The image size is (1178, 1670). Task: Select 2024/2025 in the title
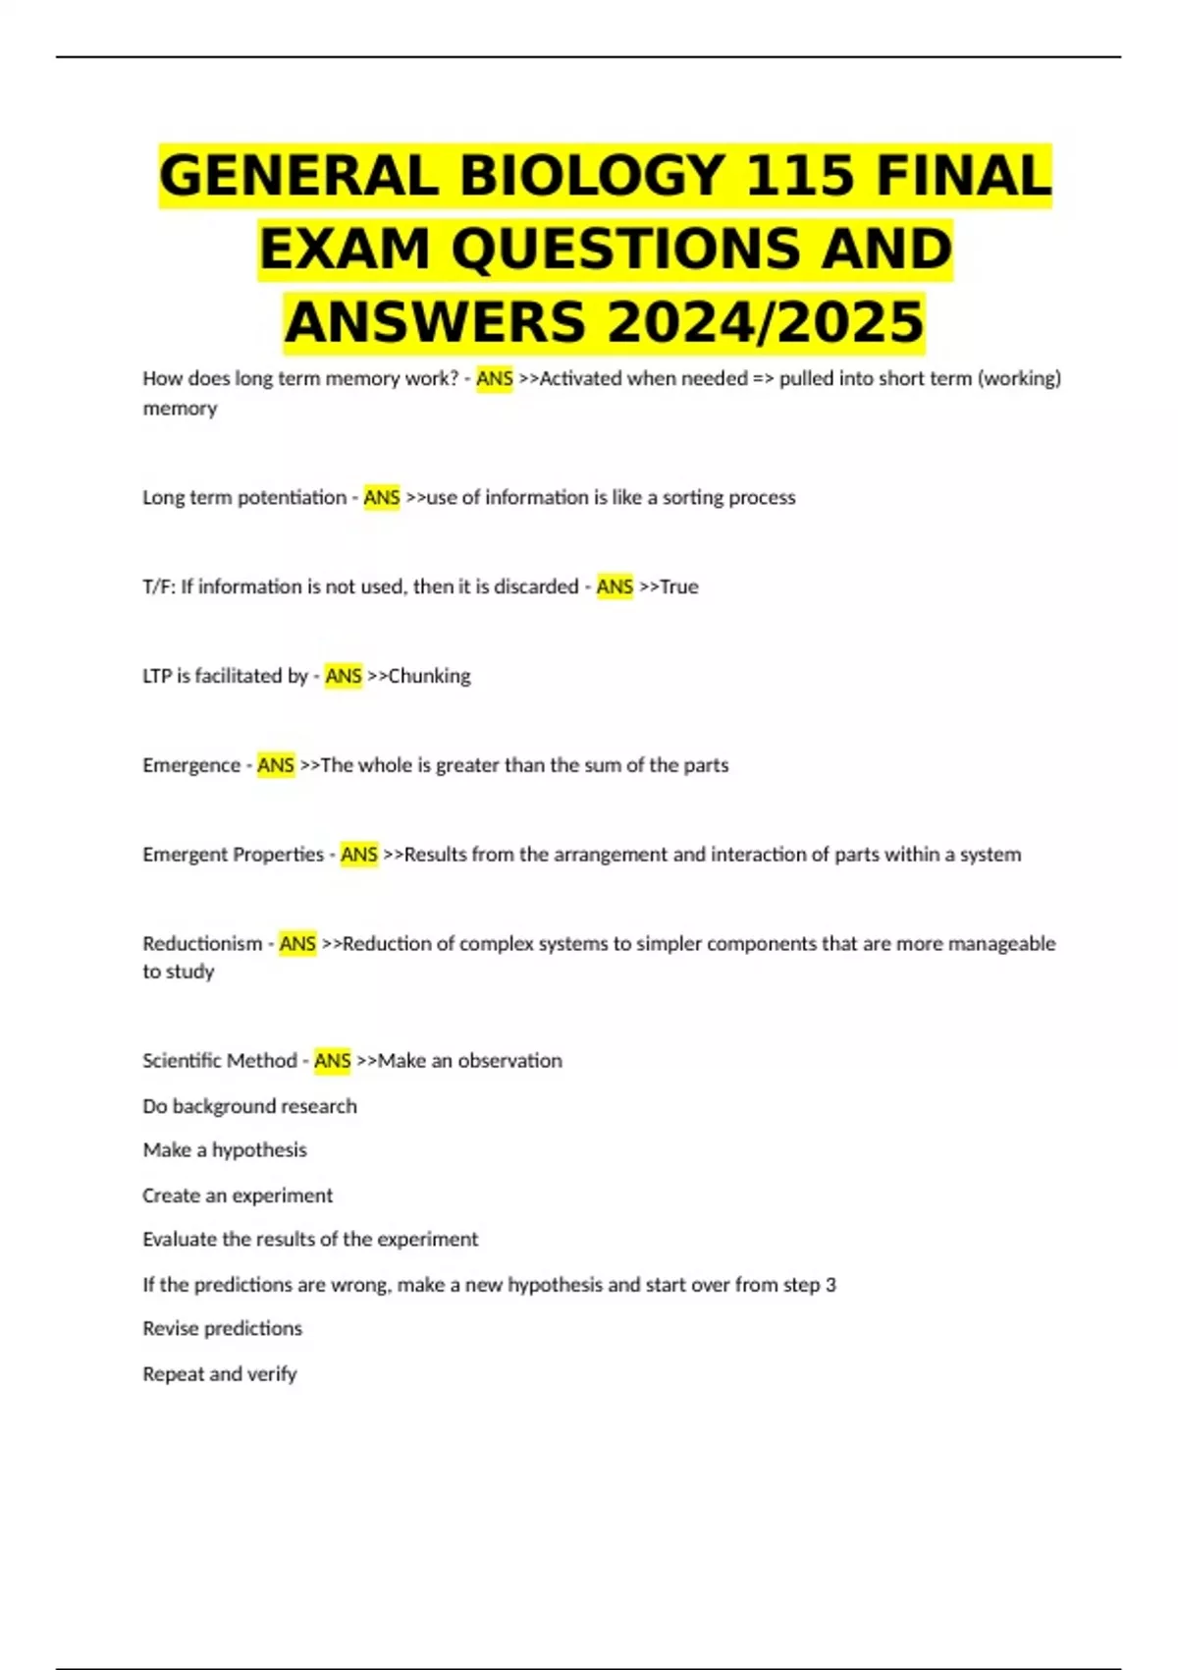765,322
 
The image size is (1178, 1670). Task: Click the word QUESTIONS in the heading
625,250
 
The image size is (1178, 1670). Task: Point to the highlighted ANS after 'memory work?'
495,378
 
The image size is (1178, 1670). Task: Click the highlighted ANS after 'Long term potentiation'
382,497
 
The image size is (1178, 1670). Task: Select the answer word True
679,586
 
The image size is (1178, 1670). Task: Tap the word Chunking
430,676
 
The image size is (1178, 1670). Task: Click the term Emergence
191,765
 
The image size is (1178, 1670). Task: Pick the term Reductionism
202,944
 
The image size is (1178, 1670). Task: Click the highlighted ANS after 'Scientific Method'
333,1061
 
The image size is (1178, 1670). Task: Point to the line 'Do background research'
249,1106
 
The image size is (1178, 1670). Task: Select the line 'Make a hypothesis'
225,1150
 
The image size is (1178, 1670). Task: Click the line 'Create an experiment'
238,1196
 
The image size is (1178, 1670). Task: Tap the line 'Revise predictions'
223,1328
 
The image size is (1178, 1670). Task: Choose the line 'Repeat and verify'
220,1373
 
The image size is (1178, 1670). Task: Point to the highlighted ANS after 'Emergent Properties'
359,855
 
